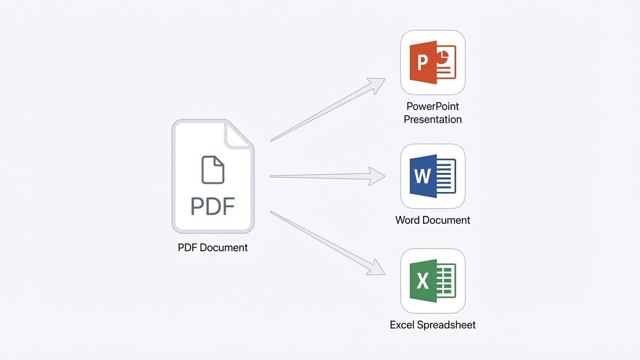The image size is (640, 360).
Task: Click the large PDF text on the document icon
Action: point(213,206)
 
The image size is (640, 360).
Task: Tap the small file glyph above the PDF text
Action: point(213,170)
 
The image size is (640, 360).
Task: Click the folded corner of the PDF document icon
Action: point(239,134)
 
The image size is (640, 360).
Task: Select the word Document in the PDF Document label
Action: point(224,247)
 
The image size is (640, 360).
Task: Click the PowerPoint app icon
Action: point(433,62)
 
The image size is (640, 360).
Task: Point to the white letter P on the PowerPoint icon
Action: point(422,62)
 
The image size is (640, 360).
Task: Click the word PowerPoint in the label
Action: point(433,106)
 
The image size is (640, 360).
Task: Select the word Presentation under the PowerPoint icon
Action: point(433,120)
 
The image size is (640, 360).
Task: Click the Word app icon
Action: point(433,176)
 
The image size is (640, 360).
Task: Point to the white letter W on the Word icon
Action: point(422,176)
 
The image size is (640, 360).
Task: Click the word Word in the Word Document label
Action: point(408,220)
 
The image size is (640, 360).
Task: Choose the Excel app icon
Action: point(433,281)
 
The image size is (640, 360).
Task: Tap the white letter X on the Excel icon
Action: point(422,281)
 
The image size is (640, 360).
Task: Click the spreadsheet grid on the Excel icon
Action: point(446,281)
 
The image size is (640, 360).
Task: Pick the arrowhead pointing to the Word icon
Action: point(377,176)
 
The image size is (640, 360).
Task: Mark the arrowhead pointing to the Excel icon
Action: point(376,268)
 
